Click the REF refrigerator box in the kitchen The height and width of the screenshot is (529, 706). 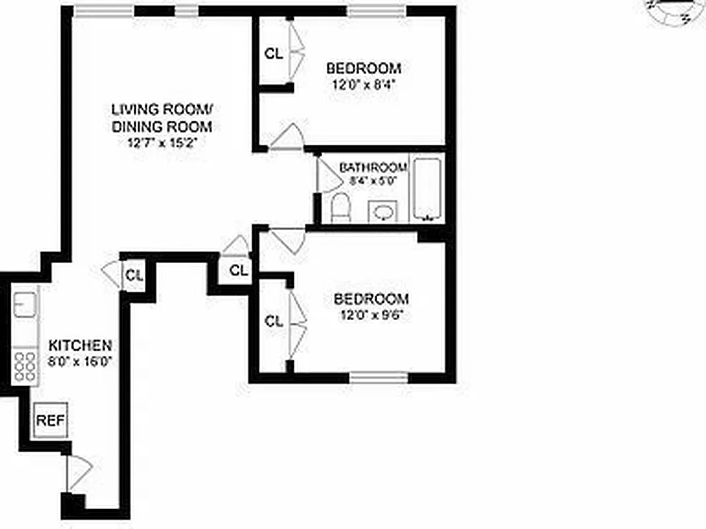pyautogui.click(x=50, y=419)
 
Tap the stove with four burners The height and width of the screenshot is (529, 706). pyautogui.click(x=26, y=365)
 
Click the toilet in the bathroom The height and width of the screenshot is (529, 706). pyautogui.click(x=340, y=207)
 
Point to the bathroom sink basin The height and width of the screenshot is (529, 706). pyautogui.click(x=382, y=212)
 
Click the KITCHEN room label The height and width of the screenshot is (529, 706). pyautogui.click(x=79, y=345)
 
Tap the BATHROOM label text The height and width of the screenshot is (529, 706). pyautogui.click(x=373, y=167)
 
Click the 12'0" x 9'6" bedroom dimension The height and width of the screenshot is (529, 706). pyautogui.click(x=371, y=315)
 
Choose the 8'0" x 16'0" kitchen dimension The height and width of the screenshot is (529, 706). pyautogui.click(x=80, y=362)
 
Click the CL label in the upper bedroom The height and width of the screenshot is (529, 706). pyautogui.click(x=273, y=54)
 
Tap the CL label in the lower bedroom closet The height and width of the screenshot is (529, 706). pyautogui.click(x=273, y=322)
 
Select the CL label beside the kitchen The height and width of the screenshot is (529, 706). pyautogui.click(x=134, y=275)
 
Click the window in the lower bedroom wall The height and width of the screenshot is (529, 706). pyautogui.click(x=378, y=378)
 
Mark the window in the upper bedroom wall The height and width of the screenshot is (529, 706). pyautogui.click(x=377, y=11)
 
